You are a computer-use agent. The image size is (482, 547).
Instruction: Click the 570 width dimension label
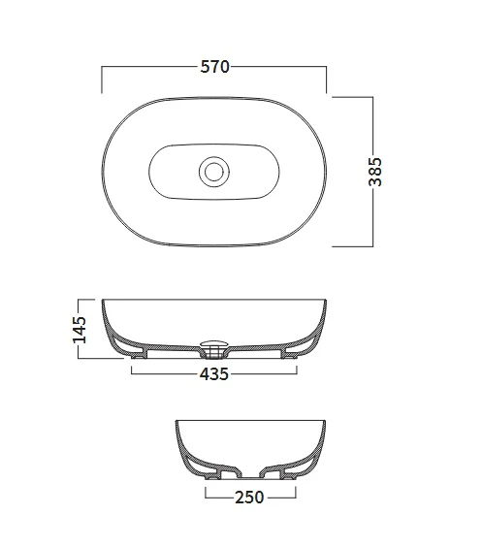215,67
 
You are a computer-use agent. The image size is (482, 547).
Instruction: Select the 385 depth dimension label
375,172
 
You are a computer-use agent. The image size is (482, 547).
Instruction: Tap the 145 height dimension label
80,330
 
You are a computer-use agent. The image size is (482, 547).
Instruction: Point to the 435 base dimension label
214,374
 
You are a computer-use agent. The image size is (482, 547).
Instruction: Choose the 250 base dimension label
249,498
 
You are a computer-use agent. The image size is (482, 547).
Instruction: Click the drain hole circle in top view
214,172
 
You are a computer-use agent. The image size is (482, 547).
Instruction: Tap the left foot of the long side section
138,356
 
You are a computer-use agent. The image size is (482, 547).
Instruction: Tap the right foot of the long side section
290,356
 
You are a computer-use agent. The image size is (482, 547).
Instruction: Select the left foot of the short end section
212,476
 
